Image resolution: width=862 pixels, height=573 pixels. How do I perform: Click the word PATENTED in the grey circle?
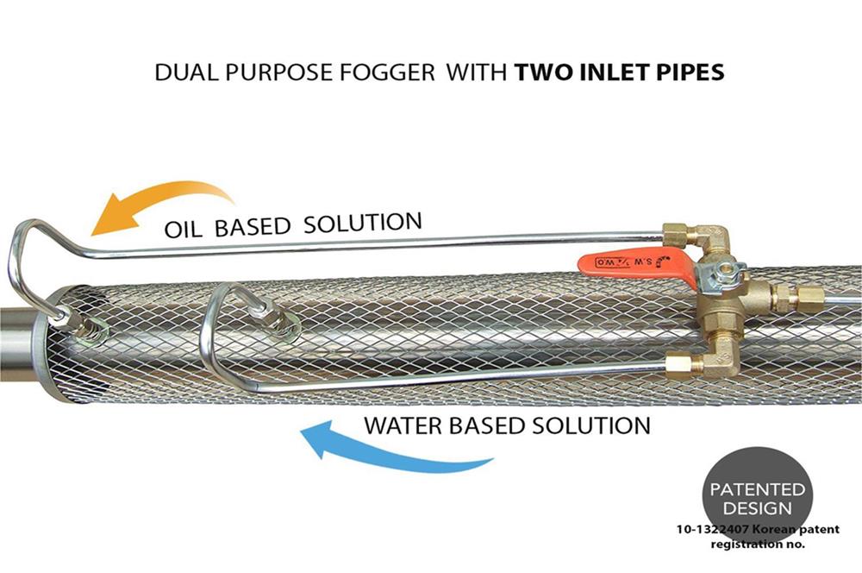tap(758, 490)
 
